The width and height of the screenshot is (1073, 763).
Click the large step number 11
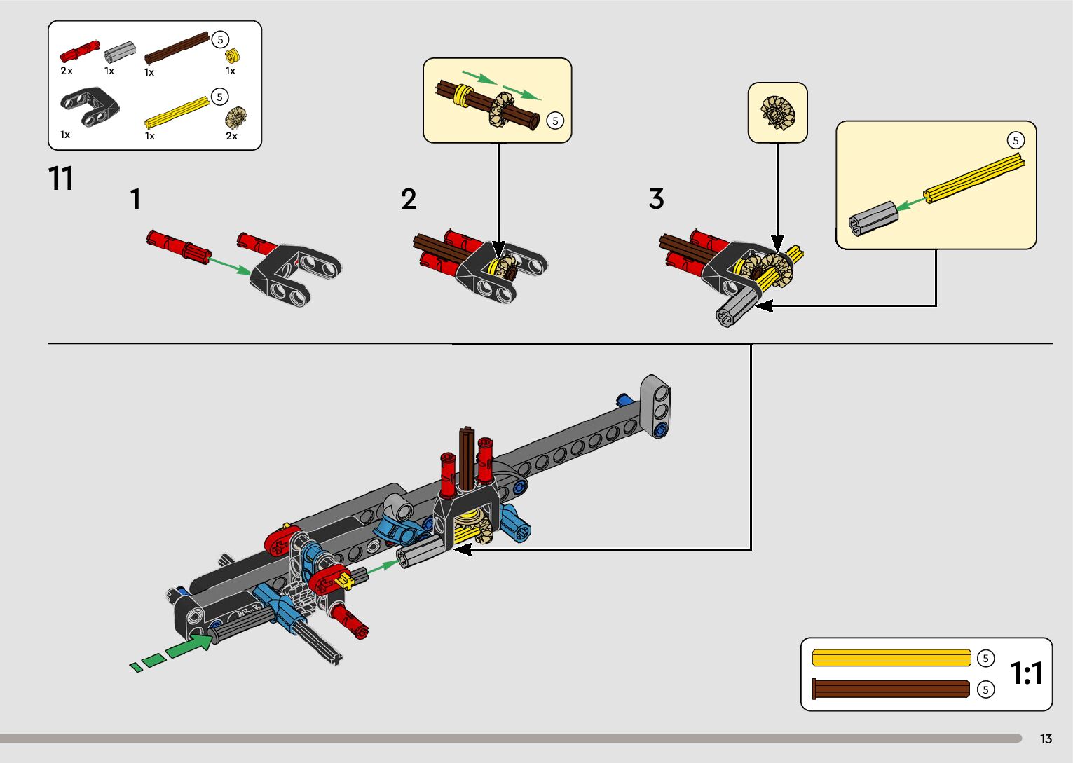pyautogui.click(x=61, y=179)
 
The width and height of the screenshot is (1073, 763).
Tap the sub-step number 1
pyautogui.click(x=136, y=200)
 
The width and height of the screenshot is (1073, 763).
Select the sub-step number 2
pyautogui.click(x=409, y=200)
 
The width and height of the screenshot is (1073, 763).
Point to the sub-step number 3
pyautogui.click(x=656, y=200)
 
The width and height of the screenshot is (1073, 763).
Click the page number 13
pyautogui.click(x=1046, y=739)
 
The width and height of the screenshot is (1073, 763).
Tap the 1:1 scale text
pyautogui.click(x=1026, y=673)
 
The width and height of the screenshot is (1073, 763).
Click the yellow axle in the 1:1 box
pyautogui.click(x=891, y=659)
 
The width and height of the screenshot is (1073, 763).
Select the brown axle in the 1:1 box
pyautogui.click(x=891, y=689)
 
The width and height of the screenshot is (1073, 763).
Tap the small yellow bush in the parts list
pyautogui.click(x=233, y=55)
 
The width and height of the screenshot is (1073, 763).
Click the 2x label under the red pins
pyautogui.click(x=67, y=71)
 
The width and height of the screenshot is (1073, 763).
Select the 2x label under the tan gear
pyautogui.click(x=231, y=136)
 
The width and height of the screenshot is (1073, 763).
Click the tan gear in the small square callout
pyautogui.click(x=777, y=112)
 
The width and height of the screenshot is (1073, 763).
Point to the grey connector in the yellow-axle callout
pyautogui.click(x=873, y=218)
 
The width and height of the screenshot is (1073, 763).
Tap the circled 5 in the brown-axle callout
pyautogui.click(x=555, y=121)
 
